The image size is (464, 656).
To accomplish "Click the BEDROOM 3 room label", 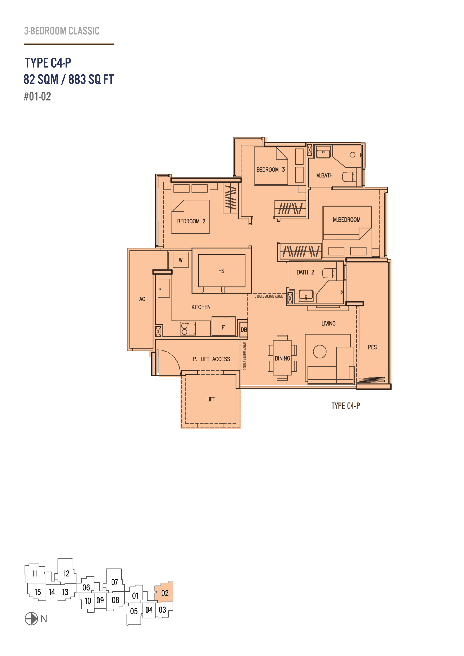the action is (271, 170).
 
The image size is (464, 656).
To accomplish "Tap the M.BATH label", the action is (324, 175).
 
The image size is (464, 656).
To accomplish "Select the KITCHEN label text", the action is (201, 307).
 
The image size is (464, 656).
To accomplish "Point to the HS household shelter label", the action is (221, 271).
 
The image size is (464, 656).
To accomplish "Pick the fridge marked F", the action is (223, 326).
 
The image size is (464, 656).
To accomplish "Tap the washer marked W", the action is (181, 260).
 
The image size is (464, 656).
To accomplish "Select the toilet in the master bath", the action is (349, 177).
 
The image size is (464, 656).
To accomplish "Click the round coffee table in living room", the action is (320, 351).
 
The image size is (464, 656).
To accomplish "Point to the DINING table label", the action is (283, 358).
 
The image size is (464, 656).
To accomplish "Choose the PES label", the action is (372, 347).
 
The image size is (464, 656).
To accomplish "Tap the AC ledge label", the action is (142, 299).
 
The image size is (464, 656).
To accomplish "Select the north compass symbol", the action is (31, 619).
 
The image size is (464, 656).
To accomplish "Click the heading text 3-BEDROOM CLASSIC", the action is (62, 31).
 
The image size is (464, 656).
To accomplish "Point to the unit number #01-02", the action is (37, 96).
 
